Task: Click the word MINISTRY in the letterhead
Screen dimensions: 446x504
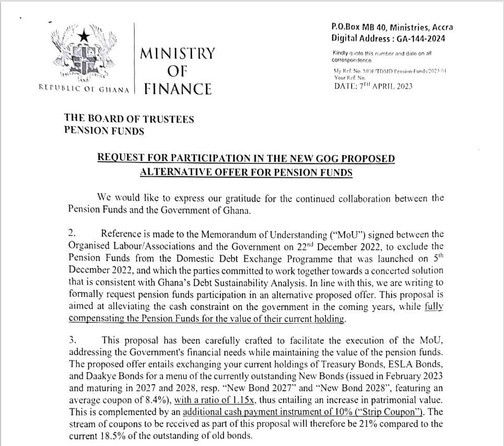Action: (178, 54)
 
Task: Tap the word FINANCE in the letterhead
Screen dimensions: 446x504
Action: (178, 89)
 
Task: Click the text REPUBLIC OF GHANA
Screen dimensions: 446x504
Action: (84, 89)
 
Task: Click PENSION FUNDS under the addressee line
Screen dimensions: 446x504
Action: (103, 131)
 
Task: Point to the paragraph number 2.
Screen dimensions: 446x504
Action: (73, 233)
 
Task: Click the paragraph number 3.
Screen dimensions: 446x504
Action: (73, 340)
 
